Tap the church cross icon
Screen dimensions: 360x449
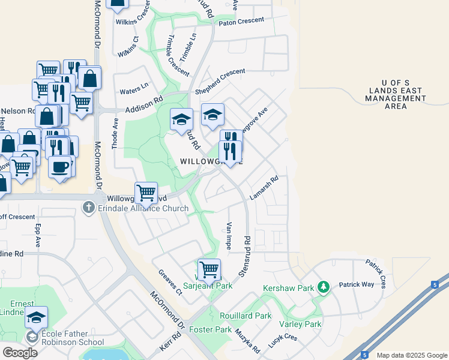click(x=88, y=208)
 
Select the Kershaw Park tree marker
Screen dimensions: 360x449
click(x=324, y=288)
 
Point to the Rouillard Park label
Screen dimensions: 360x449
click(x=246, y=316)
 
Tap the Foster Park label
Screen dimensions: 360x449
click(x=210, y=329)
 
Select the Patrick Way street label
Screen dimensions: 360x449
click(x=356, y=285)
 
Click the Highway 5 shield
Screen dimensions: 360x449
click(x=364, y=355)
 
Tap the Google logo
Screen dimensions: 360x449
click(x=20, y=353)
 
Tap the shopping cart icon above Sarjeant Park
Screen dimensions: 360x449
click(x=209, y=269)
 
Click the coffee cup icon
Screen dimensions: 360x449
click(x=60, y=166)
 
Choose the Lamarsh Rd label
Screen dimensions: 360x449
click(x=265, y=188)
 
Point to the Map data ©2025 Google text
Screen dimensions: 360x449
click(x=411, y=355)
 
